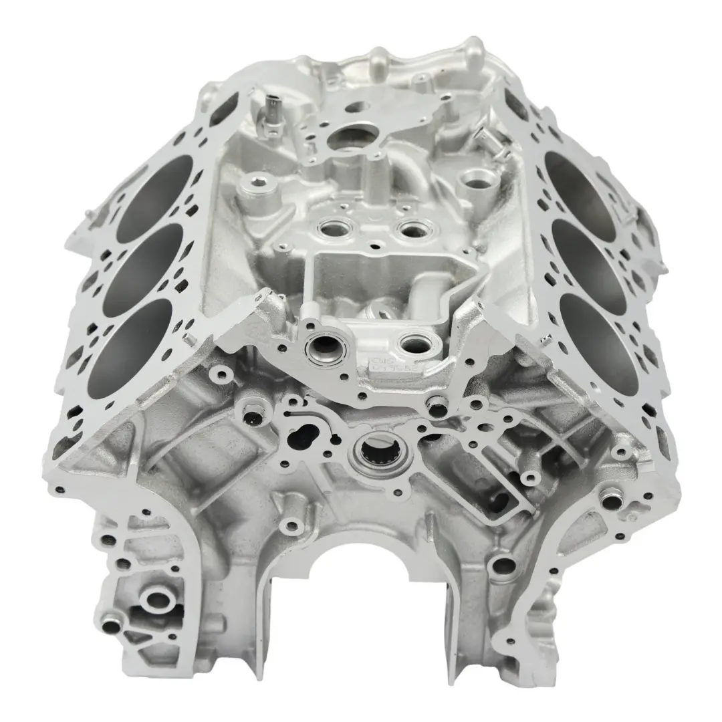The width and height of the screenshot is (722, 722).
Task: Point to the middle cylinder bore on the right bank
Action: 589,254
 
